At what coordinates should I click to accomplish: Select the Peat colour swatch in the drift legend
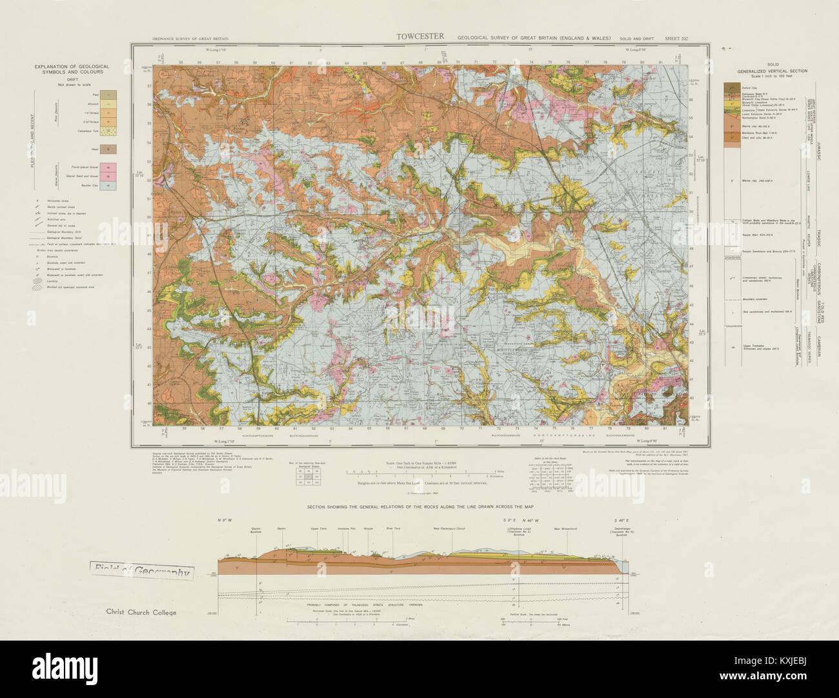pos(108,94)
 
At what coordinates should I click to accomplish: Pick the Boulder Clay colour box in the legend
pos(108,186)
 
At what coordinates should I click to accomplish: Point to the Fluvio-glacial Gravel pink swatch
pos(108,167)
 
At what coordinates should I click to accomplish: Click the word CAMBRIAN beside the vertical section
pos(818,346)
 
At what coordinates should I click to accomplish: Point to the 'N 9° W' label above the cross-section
pos(224,519)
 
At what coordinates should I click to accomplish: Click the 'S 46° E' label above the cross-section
pos(621,519)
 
